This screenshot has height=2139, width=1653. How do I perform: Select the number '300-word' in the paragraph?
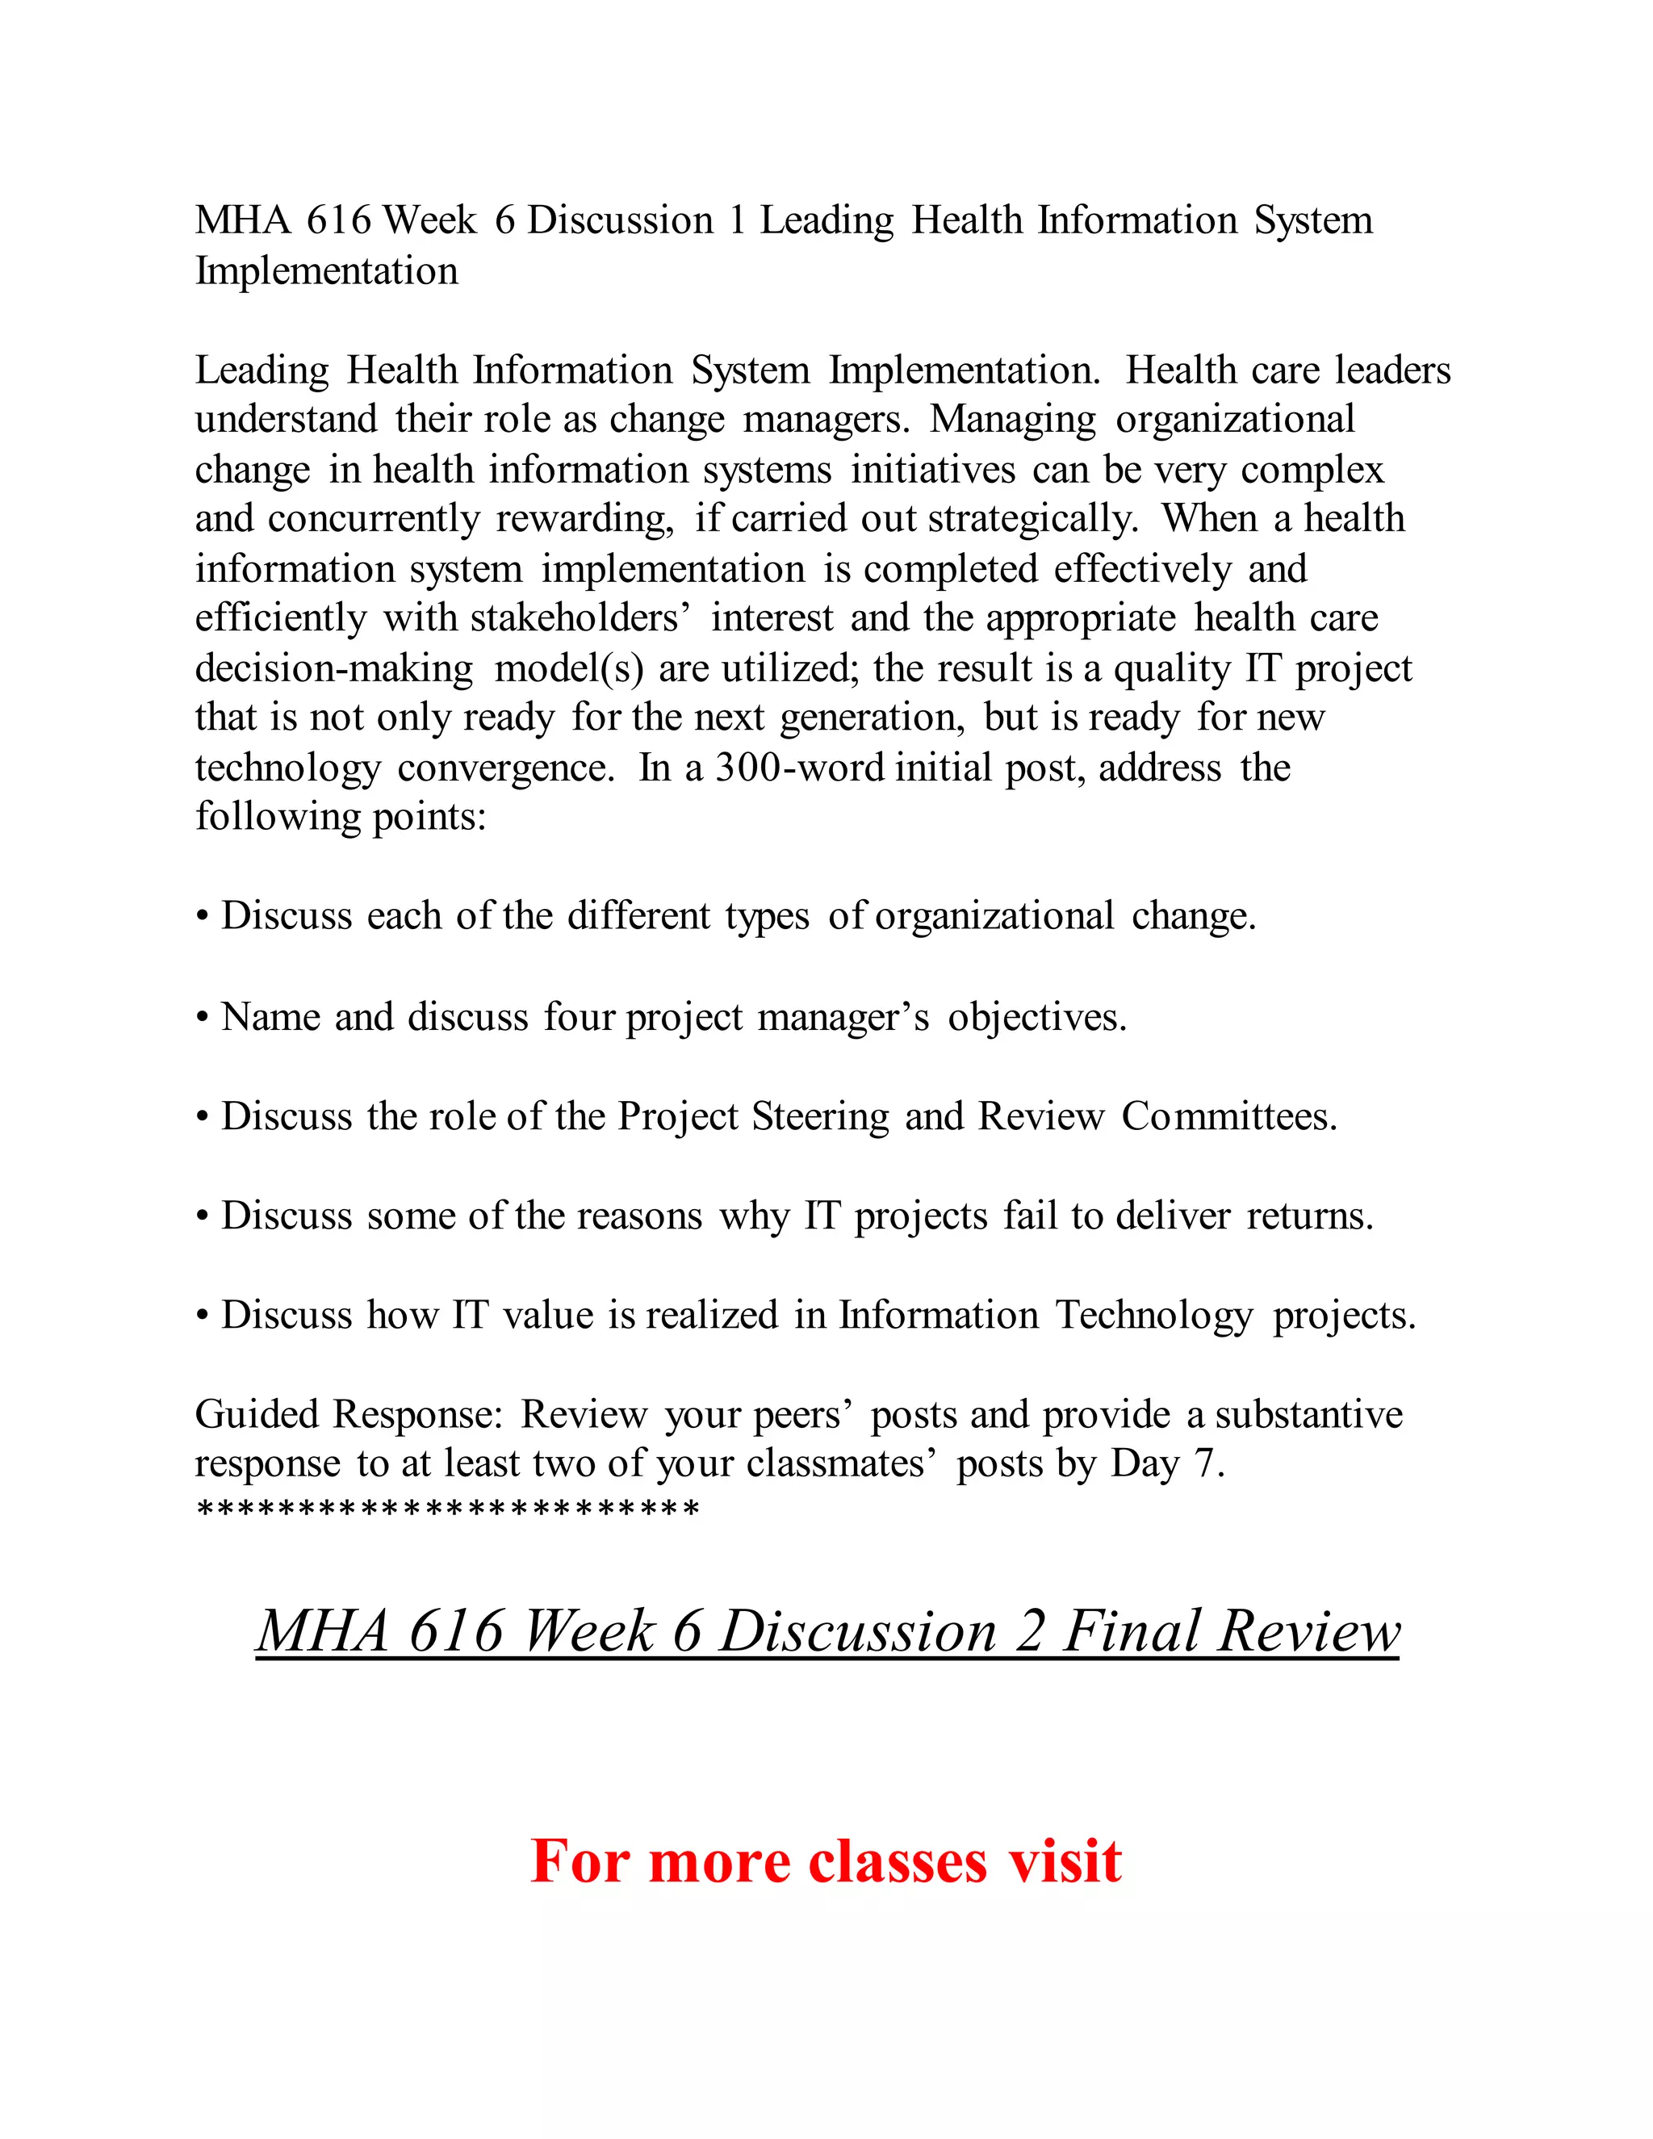coord(798,768)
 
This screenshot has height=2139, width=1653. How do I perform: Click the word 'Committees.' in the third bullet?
coord(1229,1116)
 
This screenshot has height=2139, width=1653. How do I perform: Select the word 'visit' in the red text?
coord(1065,1861)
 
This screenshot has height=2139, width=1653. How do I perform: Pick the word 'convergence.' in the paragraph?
coord(505,768)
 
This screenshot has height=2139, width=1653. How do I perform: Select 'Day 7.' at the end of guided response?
coord(1167,1464)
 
